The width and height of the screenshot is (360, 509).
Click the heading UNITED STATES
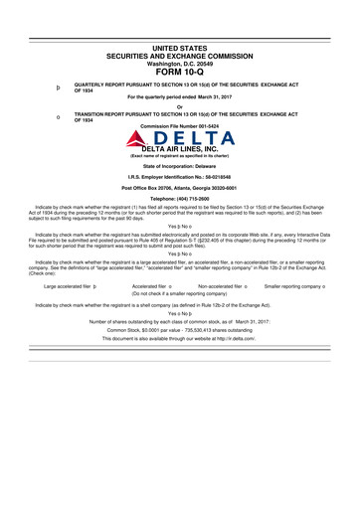(x=179, y=48)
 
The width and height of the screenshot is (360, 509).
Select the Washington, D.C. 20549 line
(x=179, y=63)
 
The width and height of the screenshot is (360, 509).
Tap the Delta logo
(x=179, y=136)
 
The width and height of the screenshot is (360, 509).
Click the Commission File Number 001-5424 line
(x=179, y=125)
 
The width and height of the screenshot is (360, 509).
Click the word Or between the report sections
(x=179, y=107)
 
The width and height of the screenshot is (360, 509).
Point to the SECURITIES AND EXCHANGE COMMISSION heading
(x=179, y=56)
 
